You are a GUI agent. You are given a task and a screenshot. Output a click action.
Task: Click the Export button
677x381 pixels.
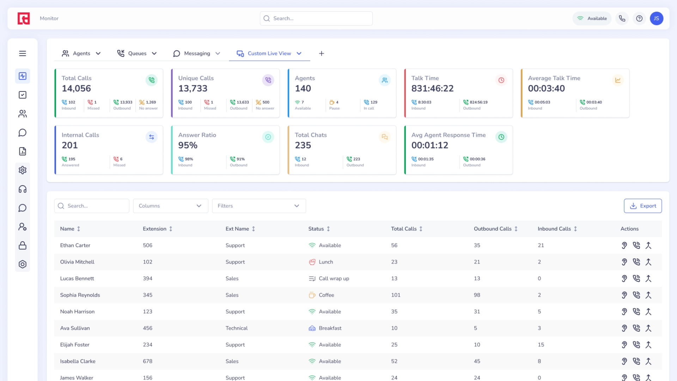[642, 206]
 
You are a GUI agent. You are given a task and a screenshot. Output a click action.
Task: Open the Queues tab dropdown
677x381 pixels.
[154, 54]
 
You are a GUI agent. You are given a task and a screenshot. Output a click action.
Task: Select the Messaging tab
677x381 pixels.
[196, 54]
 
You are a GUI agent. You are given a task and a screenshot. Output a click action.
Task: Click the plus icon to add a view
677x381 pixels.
[321, 54]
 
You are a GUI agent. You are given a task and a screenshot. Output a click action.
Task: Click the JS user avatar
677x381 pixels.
[656, 18]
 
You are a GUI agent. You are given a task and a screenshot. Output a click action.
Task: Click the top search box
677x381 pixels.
[316, 18]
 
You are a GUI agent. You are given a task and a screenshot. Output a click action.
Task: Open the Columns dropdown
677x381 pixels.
[170, 206]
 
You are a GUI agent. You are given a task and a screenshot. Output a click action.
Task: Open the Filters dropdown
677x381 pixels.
[258, 206]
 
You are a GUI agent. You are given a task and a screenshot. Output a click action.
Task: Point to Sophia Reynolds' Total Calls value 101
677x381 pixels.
[396, 295]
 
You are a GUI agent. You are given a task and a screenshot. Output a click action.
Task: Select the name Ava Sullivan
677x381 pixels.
[75, 328]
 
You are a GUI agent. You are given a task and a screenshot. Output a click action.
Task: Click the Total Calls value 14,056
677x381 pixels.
[76, 89]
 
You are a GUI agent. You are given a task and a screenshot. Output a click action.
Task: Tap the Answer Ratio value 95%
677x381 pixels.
[188, 145]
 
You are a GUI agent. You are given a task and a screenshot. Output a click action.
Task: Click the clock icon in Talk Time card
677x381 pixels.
[501, 80]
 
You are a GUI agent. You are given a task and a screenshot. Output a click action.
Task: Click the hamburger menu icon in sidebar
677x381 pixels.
[23, 53]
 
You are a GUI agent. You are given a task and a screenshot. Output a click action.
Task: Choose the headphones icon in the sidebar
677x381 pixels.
[23, 189]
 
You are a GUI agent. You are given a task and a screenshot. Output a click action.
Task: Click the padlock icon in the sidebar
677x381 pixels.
[23, 246]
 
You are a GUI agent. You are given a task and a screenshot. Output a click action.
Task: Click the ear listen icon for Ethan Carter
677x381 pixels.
[624, 245]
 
